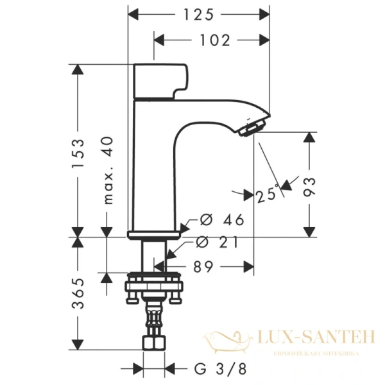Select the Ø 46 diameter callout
222,220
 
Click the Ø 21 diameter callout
218,242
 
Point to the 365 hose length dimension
78,295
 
